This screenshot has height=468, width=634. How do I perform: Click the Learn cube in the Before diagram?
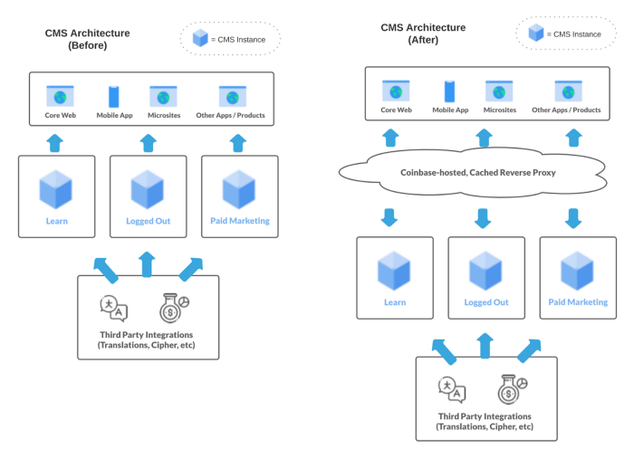point(55,189)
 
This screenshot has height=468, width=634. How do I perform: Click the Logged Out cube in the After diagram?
point(485,271)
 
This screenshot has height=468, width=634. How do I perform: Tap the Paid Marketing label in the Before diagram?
point(239,221)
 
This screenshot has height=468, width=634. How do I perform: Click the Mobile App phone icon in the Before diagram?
point(114,97)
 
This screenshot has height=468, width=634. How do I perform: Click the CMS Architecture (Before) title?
point(88,39)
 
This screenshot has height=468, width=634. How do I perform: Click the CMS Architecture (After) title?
point(423,33)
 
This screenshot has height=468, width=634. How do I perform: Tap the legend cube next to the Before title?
point(200,38)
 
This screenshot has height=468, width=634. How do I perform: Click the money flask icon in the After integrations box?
point(510,389)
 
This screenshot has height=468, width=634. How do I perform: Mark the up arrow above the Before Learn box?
point(55,143)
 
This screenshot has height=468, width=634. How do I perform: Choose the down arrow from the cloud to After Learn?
point(390,218)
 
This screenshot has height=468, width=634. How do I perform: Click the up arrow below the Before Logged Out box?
point(148,263)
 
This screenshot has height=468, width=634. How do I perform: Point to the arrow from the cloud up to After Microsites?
point(485,138)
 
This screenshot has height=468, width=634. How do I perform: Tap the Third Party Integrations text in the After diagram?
point(485,421)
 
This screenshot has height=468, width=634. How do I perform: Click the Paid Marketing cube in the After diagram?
point(577,271)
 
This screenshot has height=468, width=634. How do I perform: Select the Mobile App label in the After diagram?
point(450,110)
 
